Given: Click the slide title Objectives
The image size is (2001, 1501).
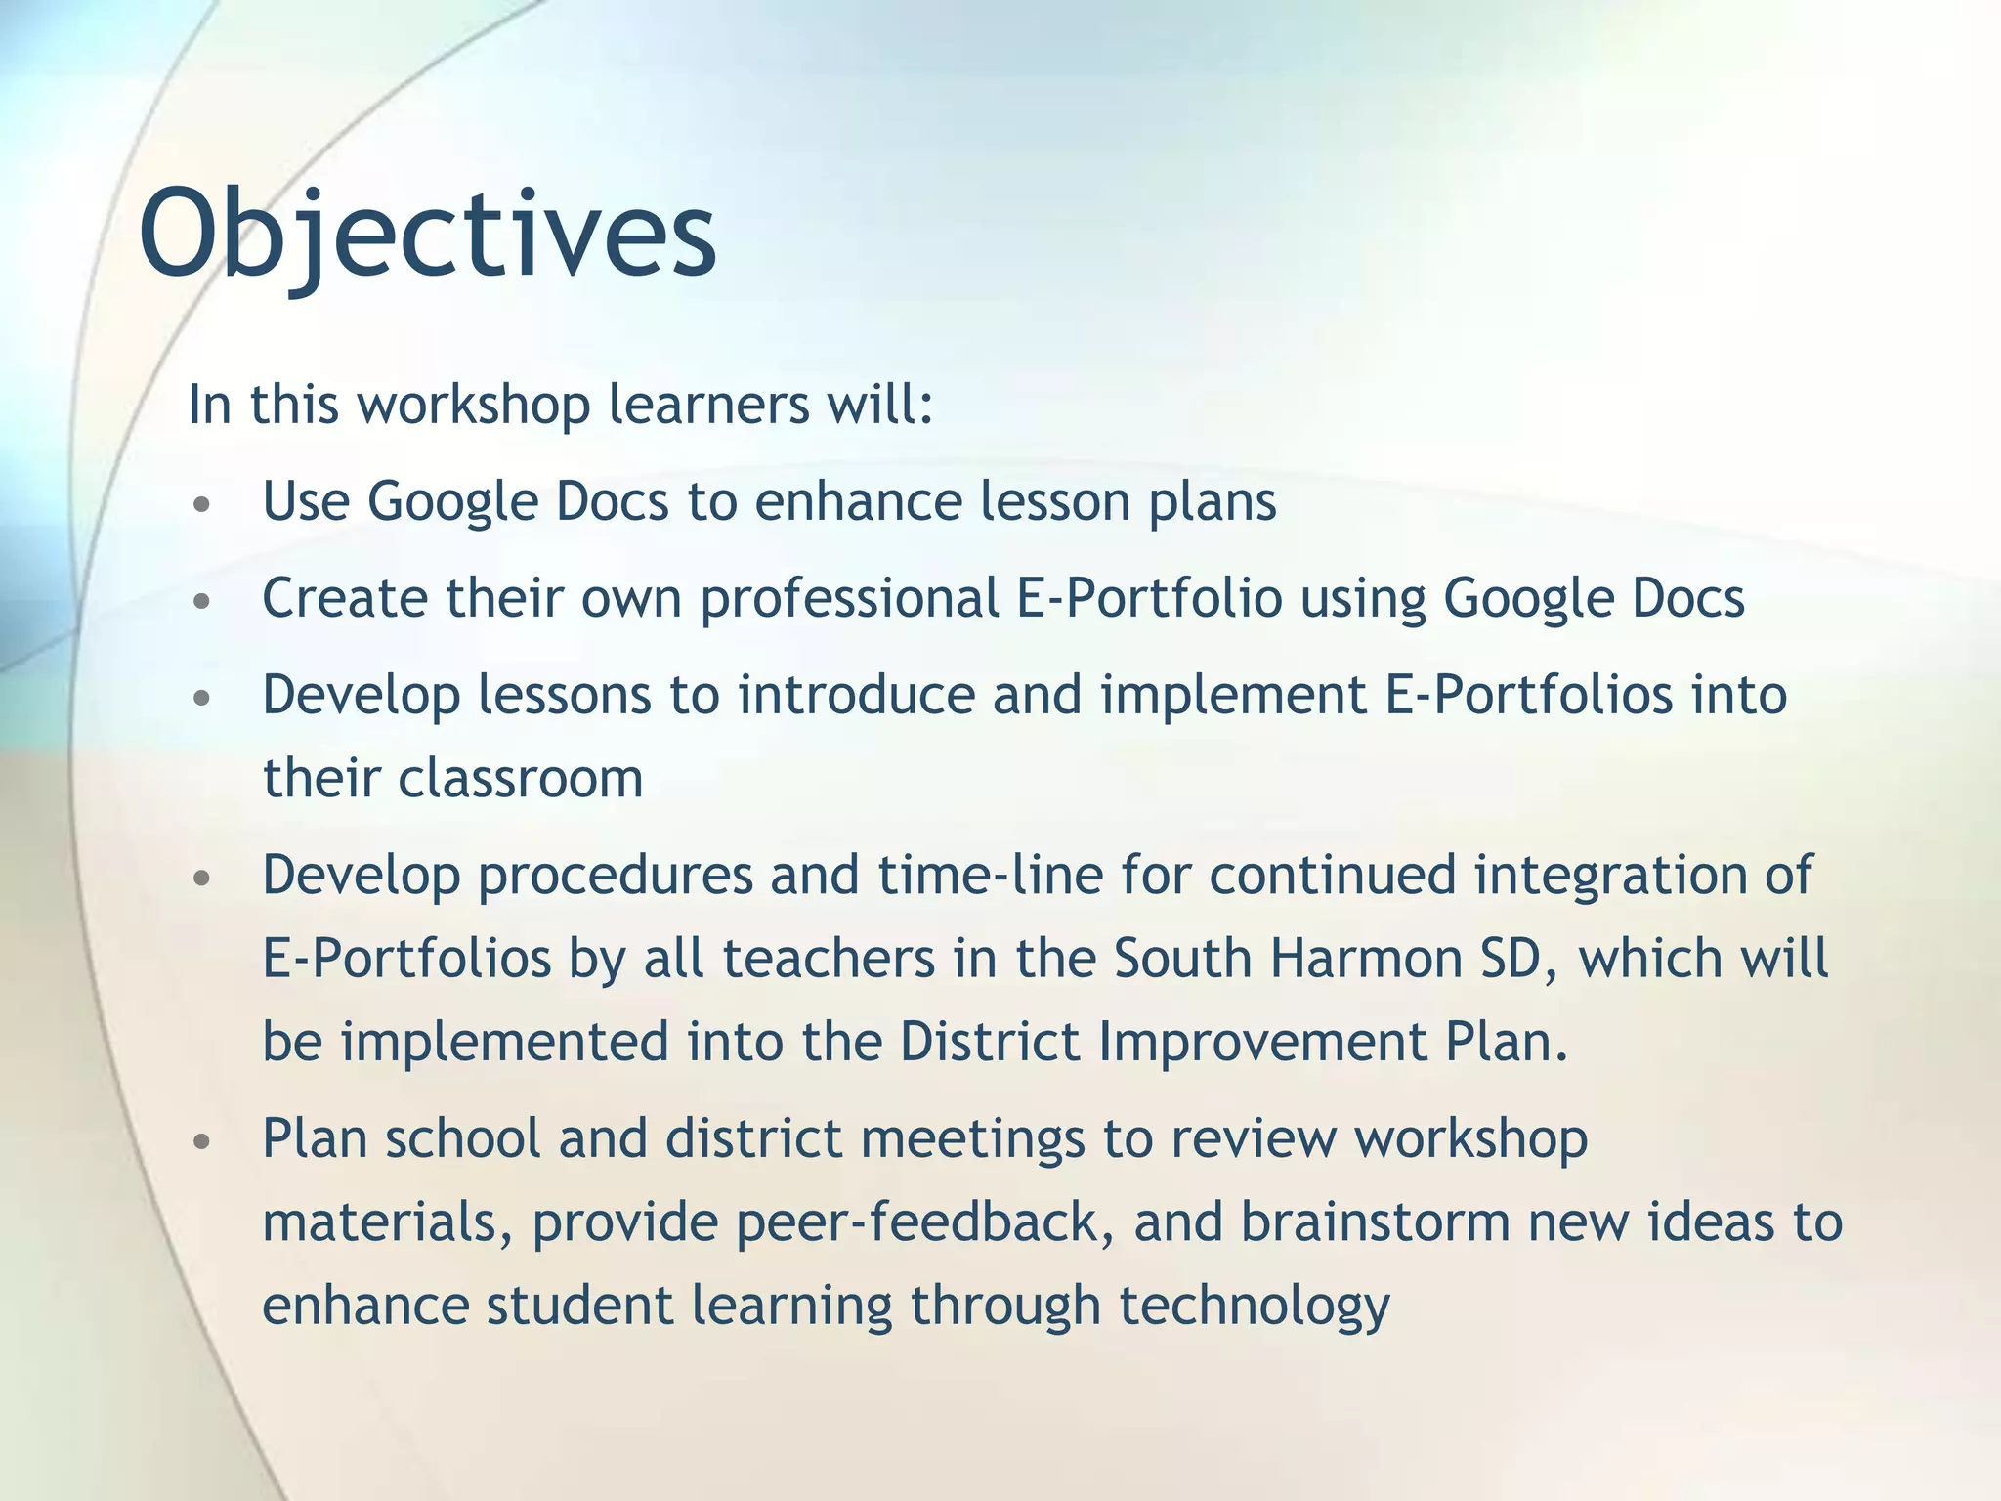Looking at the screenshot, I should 428,235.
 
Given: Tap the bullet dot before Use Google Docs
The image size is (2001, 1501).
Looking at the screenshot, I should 201,505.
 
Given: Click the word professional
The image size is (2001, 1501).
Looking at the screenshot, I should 849,599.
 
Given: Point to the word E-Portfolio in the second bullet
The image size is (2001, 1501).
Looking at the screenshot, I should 1149,599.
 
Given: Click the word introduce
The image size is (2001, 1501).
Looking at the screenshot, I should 856,696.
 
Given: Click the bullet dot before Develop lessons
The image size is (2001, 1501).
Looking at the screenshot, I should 201,699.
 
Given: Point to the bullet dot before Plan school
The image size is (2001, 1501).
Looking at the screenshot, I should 201,1142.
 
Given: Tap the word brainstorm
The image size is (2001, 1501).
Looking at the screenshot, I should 1376,1223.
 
